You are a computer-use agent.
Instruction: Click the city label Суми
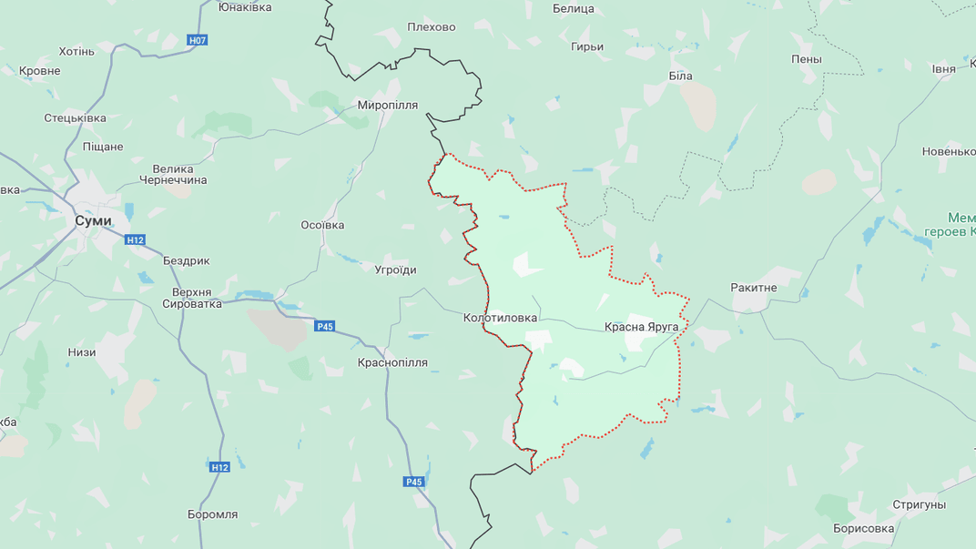coord(93,220)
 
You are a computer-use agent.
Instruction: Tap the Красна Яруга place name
coord(641,327)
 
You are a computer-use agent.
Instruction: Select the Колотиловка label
coord(500,318)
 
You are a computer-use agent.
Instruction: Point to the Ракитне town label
coord(754,288)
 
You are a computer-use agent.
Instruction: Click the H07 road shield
coord(198,40)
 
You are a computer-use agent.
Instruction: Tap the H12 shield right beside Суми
coord(135,239)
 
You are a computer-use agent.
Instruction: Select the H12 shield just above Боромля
coord(219,467)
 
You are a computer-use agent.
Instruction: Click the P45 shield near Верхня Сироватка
coord(325,326)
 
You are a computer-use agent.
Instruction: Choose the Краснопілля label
coord(392,362)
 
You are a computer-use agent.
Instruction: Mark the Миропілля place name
coord(387,105)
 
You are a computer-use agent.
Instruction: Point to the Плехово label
coord(431,27)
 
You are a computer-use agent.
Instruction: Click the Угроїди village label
coord(395,269)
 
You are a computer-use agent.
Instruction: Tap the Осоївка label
coord(322,225)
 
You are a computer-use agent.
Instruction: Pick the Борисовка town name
coord(863,528)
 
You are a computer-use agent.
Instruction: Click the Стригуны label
coord(919,504)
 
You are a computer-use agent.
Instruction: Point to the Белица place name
coord(573,9)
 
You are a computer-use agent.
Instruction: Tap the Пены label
coord(806,59)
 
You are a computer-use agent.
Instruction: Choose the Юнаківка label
coord(245,7)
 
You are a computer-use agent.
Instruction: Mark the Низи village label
coord(81,351)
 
